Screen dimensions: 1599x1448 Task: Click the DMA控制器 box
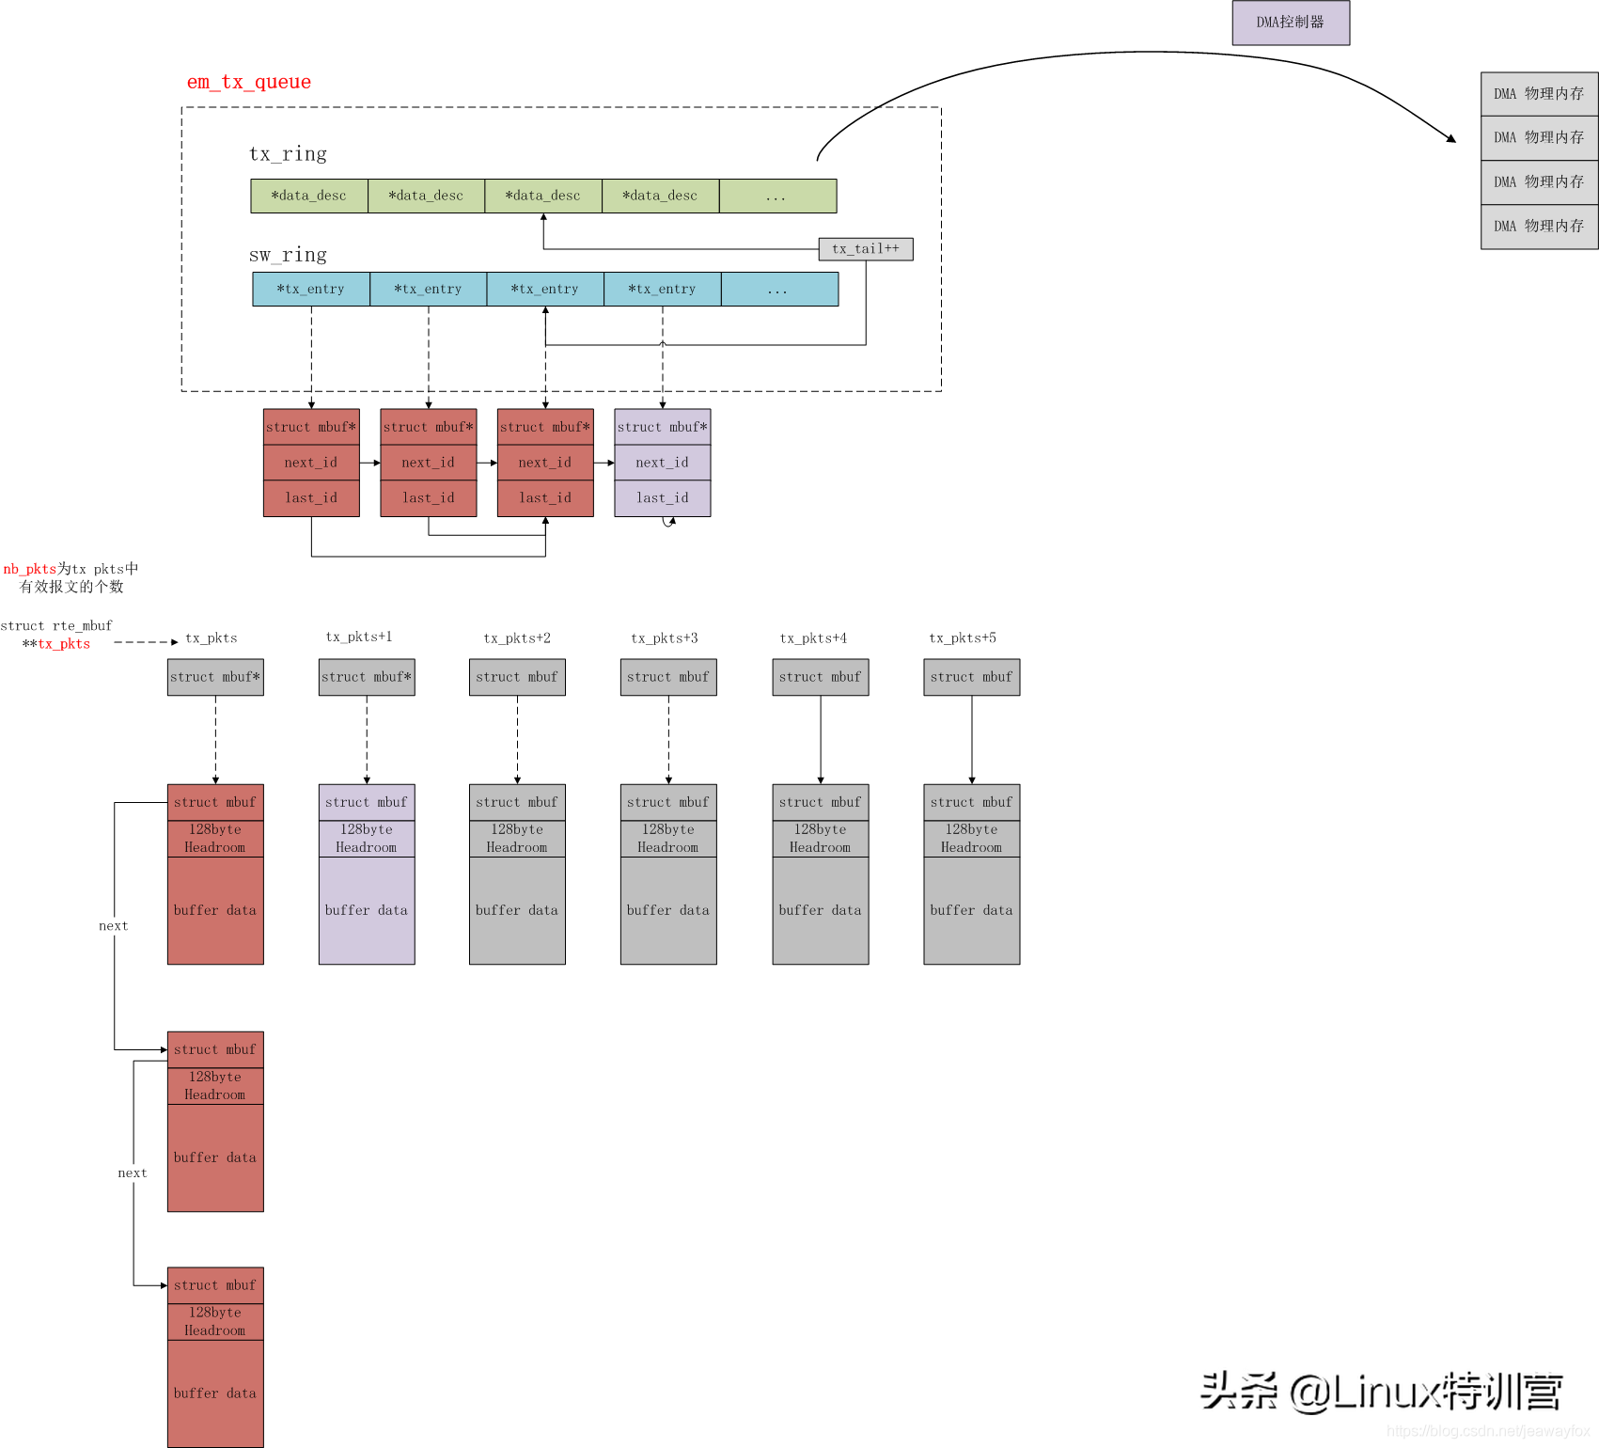tap(1291, 23)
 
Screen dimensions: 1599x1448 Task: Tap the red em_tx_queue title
tap(249, 82)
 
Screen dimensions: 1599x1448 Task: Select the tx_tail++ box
tap(866, 249)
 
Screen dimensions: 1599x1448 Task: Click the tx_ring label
tap(288, 153)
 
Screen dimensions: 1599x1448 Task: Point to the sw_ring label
tap(288, 255)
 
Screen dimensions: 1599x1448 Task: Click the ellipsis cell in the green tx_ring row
tap(777, 196)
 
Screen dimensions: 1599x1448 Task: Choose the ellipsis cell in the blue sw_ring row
tap(779, 289)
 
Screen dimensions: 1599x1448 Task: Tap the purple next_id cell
tap(663, 463)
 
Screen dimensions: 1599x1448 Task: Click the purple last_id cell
tap(663, 498)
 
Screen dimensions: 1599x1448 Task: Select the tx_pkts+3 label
tap(665, 638)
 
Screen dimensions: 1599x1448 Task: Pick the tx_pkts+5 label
tap(963, 638)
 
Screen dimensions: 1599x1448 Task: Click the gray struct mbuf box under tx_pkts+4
tap(821, 677)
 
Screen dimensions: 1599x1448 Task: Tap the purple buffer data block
tap(367, 910)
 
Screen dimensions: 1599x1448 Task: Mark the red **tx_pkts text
tap(56, 644)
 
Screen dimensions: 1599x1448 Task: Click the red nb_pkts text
tap(30, 569)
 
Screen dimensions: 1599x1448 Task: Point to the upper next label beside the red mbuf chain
tap(114, 926)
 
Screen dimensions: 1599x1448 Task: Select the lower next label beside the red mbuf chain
tap(133, 1173)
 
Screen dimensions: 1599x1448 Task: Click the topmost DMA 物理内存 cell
tap(1540, 94)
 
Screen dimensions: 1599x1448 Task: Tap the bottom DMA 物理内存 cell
tap(1540, 227)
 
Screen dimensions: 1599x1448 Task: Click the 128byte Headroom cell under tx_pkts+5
tap(972, 839)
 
